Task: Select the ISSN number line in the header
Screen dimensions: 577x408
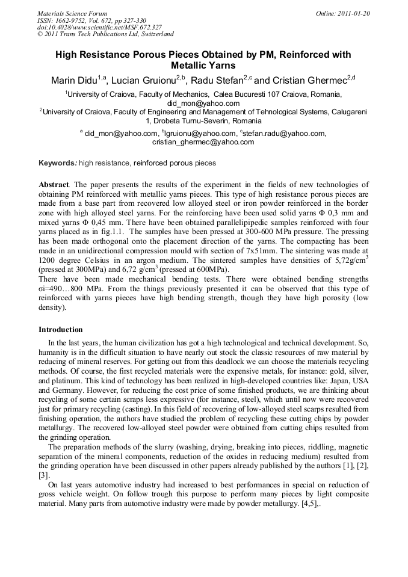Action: [91, 20]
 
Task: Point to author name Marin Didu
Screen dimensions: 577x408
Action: [71, 81]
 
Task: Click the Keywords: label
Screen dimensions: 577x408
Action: [57, 163]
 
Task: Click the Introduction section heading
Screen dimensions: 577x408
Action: [61, 330]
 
